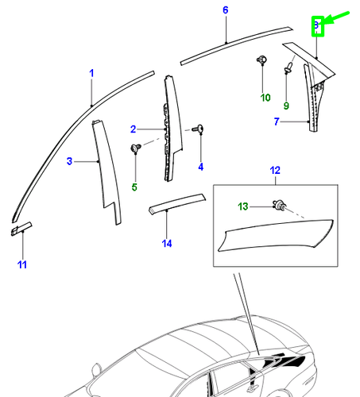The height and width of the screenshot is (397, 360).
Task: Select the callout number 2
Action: (134, 129)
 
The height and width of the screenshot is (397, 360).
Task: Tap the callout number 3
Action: (69, 161)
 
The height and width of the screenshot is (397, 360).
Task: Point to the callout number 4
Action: (200, 167)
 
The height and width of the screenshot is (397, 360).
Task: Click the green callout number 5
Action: (134, 187)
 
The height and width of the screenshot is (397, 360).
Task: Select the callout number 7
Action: (277, 121)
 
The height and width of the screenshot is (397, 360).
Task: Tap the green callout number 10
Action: (265, 98)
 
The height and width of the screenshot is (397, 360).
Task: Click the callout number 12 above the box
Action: (275, 171)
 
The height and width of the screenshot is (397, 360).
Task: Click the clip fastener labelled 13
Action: (281, 206)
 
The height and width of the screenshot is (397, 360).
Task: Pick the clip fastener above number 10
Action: (261, 61)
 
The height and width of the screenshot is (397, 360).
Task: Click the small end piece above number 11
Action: (21, 228)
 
